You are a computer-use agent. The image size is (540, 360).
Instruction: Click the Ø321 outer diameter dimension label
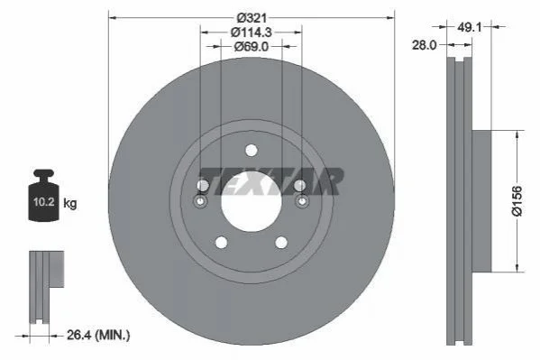pos(252,17)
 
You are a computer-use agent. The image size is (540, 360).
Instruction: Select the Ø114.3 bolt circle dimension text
pos(251,32)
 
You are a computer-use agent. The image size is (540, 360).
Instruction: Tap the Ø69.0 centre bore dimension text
pos(251,46)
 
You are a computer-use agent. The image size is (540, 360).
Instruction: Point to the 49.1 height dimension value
pos(469,27)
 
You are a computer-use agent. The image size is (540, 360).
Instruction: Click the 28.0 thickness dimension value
pos(425,45)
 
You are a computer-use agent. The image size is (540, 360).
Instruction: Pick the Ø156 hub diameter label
pos(517,201)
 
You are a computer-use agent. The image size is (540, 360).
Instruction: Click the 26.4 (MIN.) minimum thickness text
pos(98,335)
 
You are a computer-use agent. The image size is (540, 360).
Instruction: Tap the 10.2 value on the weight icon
pos(44,202)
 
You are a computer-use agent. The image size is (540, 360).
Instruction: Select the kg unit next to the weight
pos(70,203)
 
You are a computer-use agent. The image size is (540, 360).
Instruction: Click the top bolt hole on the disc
pos(252,151)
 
